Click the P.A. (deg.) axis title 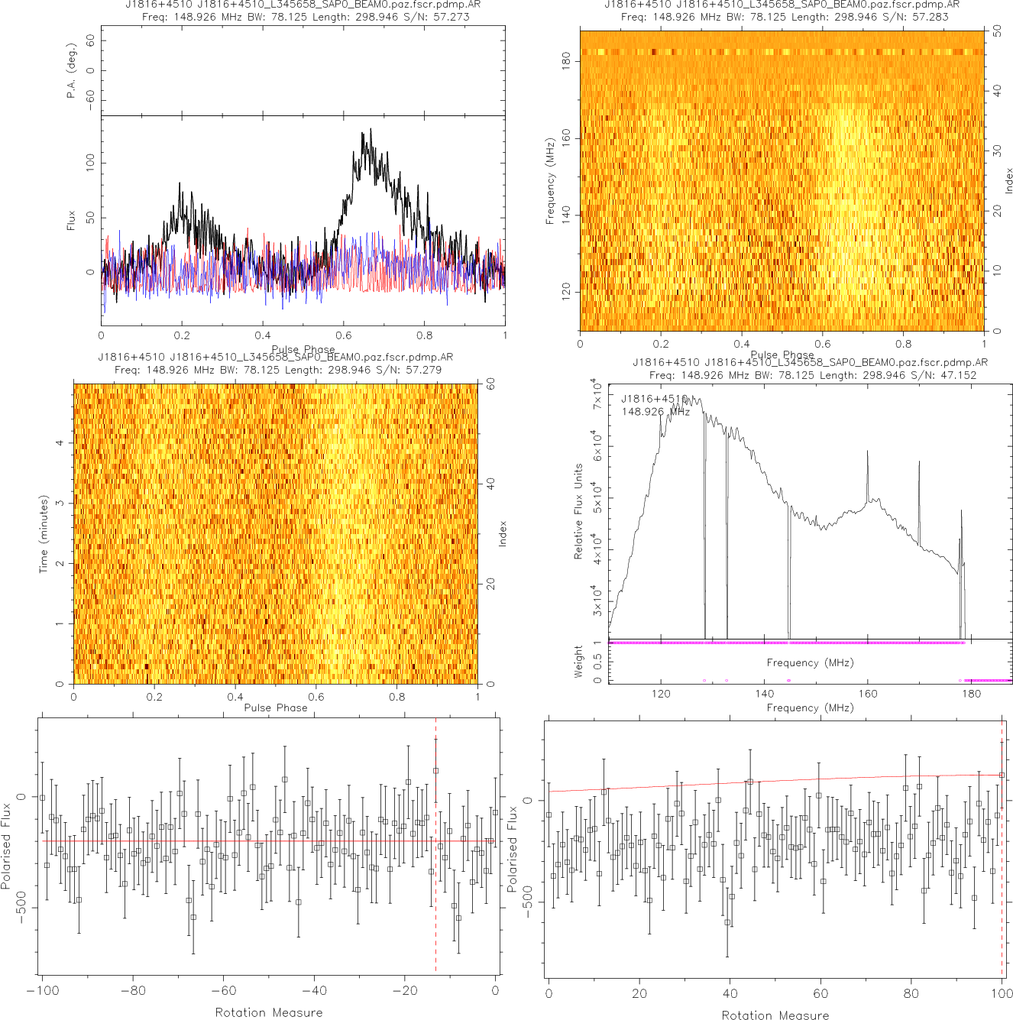click(x=71, y=70)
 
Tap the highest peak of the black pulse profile click(x=371, y=129)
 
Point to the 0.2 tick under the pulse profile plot click(x=182, y=335)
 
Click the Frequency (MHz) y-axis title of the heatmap click(x=549, y=181)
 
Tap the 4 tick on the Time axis click(x=60, y=443)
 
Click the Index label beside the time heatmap click(x=503, y=533)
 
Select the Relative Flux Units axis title click(x=578, y=511)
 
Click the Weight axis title click(x=578, y=661)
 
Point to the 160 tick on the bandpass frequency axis click(x=868, y=694)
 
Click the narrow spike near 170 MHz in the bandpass click(x=919, y=463)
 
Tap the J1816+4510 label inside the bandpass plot click(x=654, y=399)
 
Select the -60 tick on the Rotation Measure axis click(x=223, y=991)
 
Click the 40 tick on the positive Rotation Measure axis click(x=730, y=993)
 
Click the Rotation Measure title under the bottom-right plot click(x=775, y=1015)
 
